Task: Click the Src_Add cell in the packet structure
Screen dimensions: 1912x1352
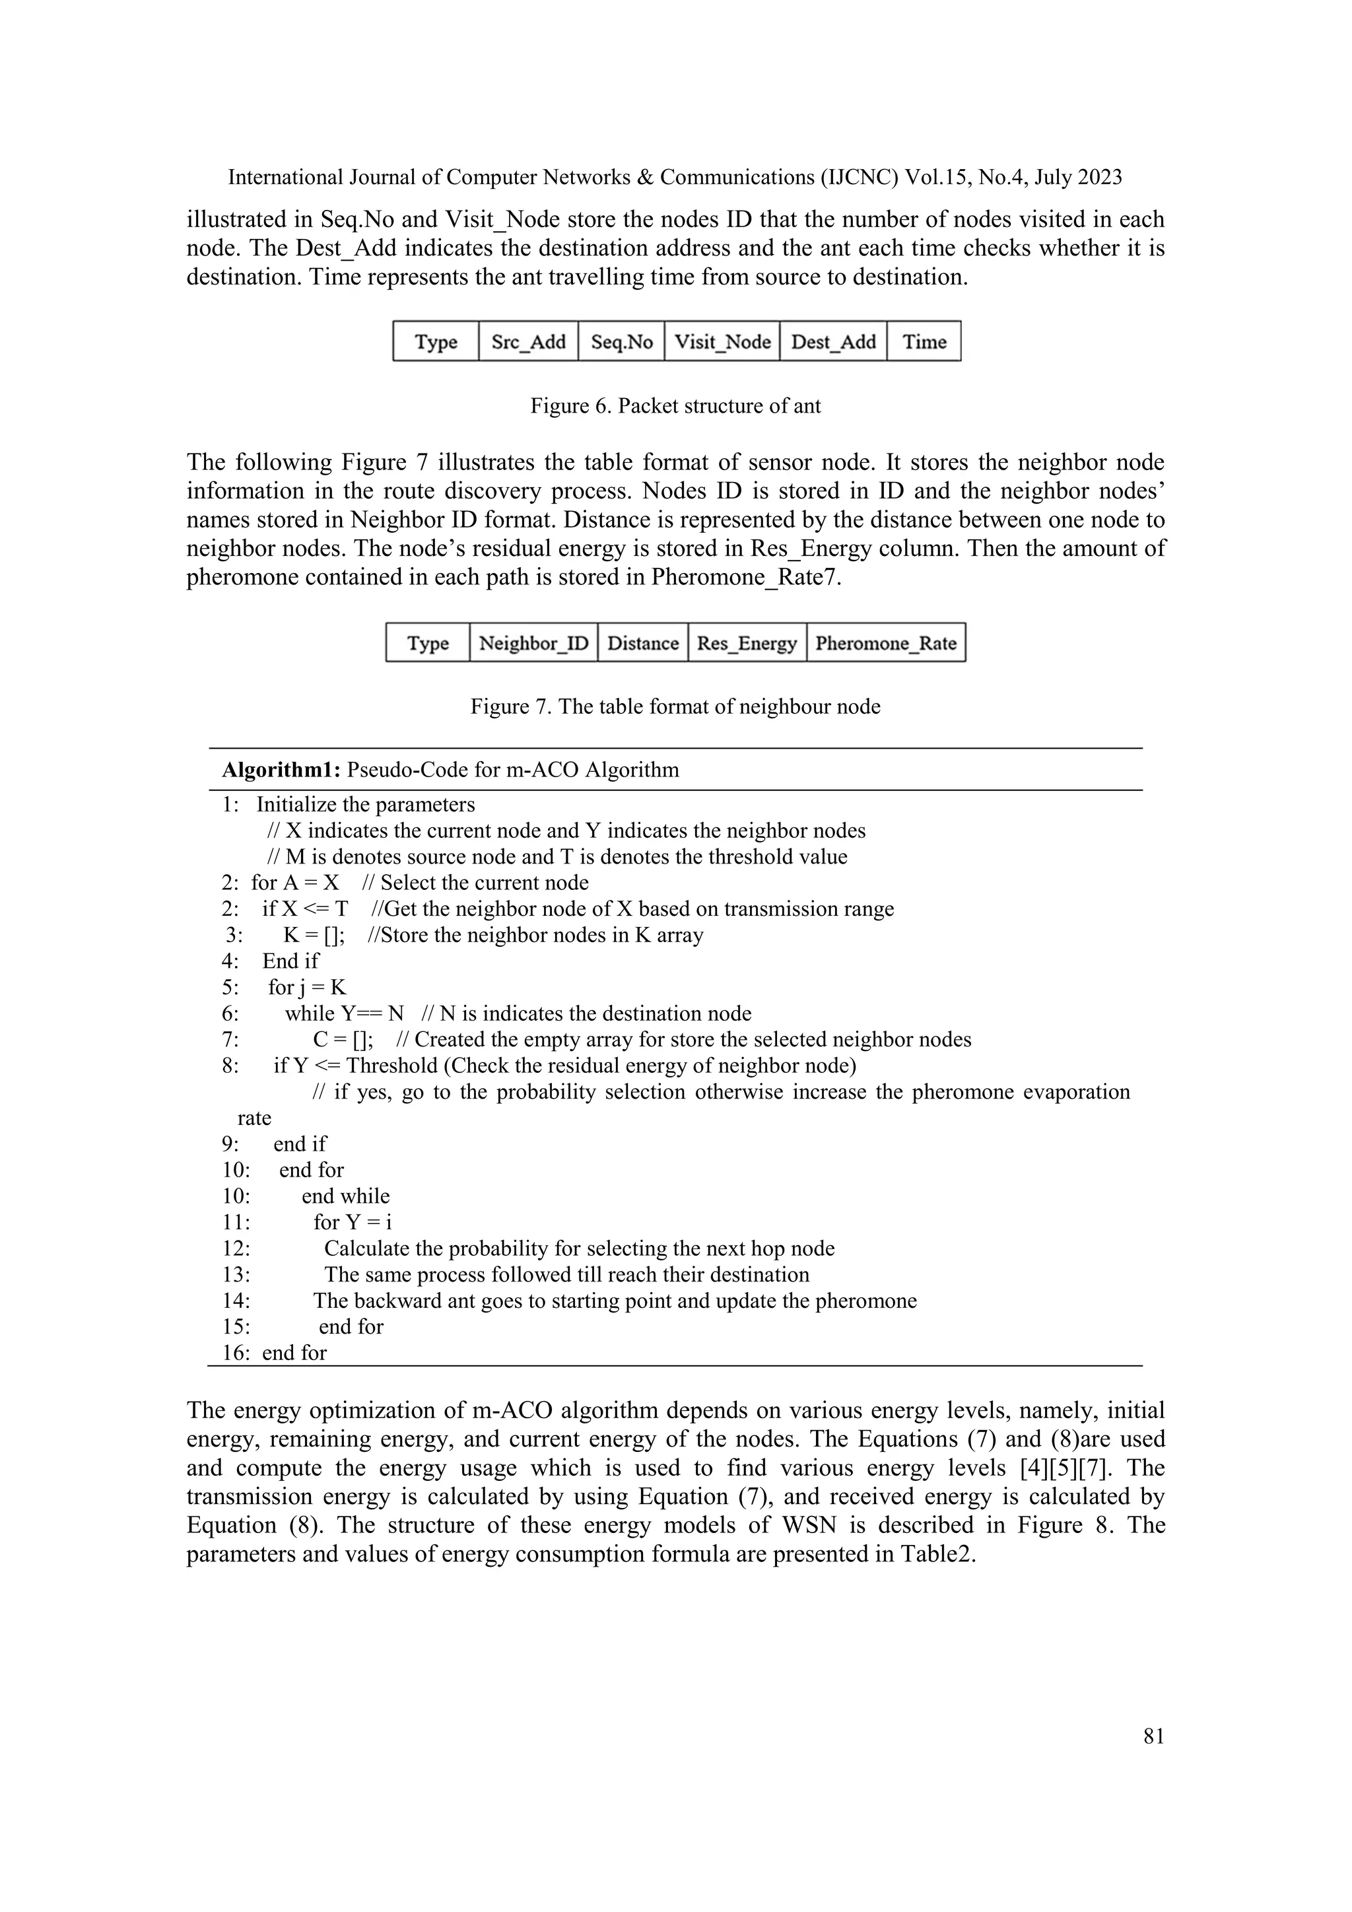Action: click(x=528, y=341)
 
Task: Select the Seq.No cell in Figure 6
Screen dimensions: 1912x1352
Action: click(x=621, y=341)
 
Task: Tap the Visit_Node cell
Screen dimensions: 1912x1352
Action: click(x=722, y=341)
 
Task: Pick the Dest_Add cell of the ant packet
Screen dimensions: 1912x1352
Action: click(x=833, y=341)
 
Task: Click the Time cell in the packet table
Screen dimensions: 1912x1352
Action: click(x=924, y=341)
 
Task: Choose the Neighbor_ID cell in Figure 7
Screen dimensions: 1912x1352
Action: click(x=533, y=643)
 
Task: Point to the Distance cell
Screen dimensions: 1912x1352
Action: click(x=643, y=643)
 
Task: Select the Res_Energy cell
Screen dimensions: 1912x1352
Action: click(x=747, y=643)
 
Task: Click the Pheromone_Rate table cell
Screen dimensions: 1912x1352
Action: click(x=886, y=643)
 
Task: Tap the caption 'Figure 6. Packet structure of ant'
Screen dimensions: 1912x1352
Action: click(x=675, y=407)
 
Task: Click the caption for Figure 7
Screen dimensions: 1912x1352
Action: click(x=675, y=707)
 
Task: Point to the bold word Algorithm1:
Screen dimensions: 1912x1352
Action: click(x=281, y=769)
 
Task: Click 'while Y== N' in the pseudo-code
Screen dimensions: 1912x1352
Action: click(x=344, y=1013)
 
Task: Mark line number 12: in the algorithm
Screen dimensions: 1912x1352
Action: click(x=236, y=1249)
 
